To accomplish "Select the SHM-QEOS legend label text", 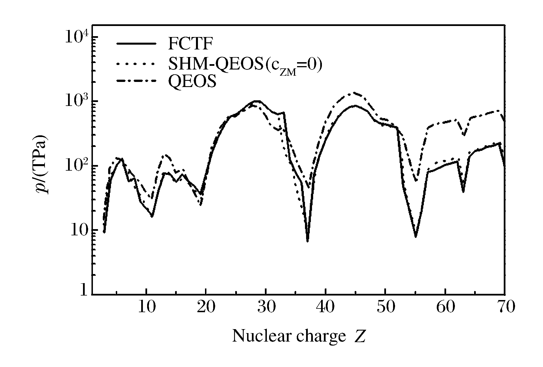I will [x=245, y=65].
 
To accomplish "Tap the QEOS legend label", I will [x=192, y=82].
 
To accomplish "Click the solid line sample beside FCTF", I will [x=136, y=44].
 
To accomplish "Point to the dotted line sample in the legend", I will [x=136, y=64].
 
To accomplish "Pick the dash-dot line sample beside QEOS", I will [x=136, y=81].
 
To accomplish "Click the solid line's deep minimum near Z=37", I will [x=308, y=241].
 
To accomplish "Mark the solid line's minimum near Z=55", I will [x=416, y=236].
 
